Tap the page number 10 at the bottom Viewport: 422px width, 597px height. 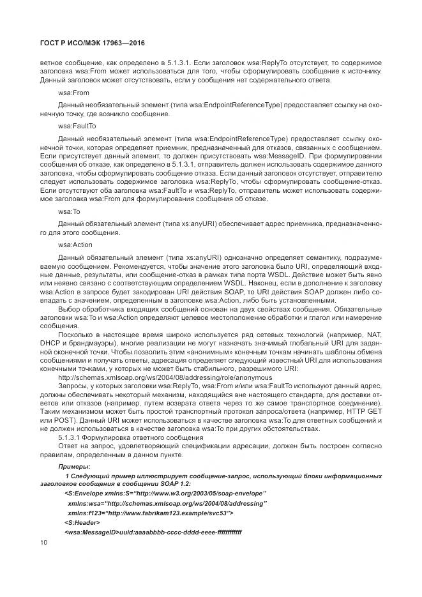coord(43,542)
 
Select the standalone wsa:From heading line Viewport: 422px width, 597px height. coord(73,92)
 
